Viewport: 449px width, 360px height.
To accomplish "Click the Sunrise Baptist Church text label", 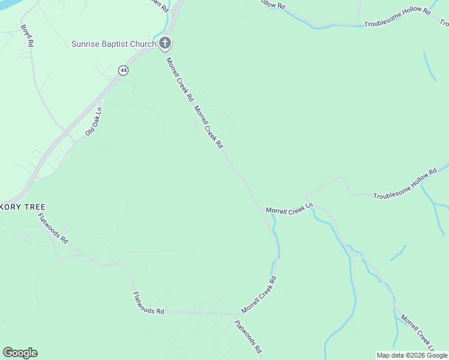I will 114,44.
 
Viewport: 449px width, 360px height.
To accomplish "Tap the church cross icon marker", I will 164,43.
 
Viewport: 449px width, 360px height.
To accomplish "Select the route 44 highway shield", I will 123,70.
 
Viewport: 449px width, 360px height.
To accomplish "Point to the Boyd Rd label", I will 27,37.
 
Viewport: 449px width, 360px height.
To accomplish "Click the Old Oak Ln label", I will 94,121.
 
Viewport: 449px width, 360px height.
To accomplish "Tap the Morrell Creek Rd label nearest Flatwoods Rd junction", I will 259,295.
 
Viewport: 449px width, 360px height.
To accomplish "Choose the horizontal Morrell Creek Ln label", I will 289,209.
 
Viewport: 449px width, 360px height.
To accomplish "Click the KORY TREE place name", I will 24,206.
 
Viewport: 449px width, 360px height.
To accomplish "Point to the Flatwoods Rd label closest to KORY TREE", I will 53,228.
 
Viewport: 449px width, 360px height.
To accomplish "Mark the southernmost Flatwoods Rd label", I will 248,336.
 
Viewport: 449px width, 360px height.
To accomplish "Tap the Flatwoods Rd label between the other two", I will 148,302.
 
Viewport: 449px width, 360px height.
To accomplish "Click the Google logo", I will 20,353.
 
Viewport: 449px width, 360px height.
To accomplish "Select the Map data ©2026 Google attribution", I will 412,355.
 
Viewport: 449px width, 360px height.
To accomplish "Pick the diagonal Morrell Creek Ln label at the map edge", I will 417,334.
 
